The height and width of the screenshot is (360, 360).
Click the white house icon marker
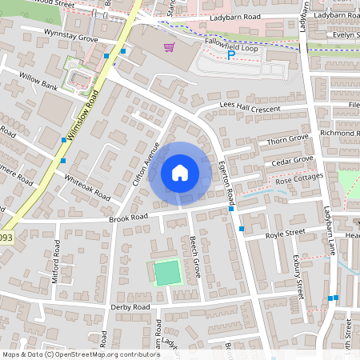tap(180, 172)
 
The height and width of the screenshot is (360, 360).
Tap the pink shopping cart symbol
tap(169, 47)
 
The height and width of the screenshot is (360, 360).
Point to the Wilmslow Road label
tap(82, 117)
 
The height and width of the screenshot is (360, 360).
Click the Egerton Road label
tap(224, 178)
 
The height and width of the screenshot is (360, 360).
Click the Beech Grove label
tap(194, 257)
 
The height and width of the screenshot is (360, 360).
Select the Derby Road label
tap(130, 307)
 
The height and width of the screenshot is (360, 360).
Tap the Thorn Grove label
tap(286, 141)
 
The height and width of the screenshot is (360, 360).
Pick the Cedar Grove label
tap(292, 161)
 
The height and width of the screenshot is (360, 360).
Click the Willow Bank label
tap(38, 82)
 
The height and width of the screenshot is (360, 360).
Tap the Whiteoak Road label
tap(86, 187)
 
